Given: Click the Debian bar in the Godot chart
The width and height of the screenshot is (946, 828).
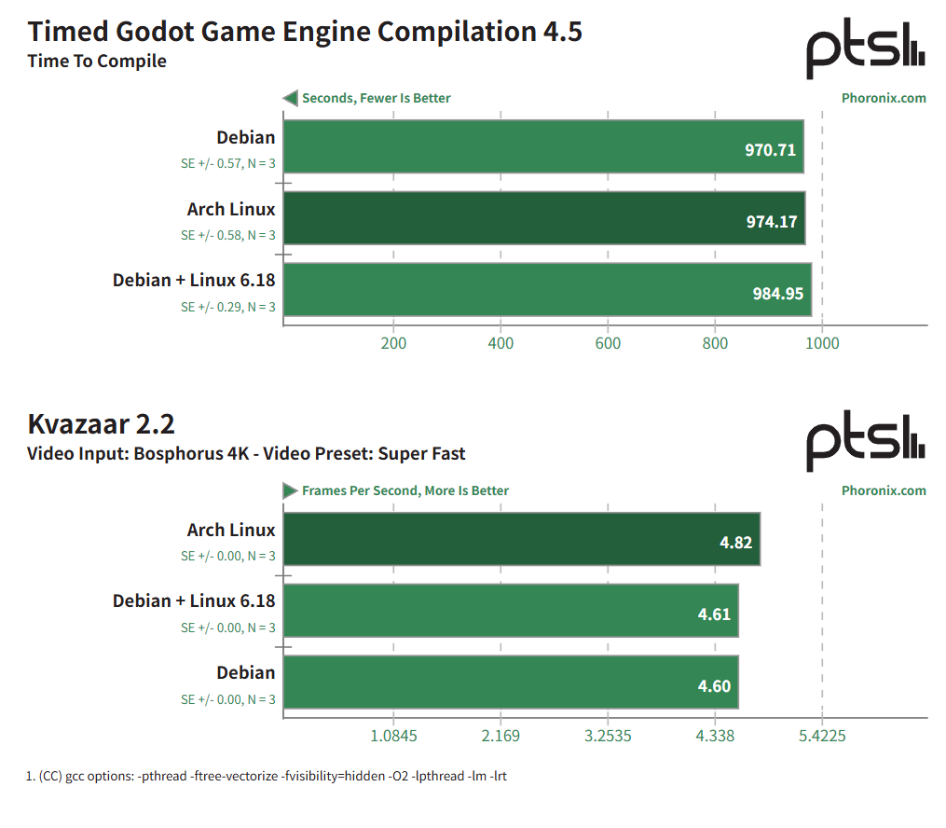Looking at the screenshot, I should (x=543, y=146).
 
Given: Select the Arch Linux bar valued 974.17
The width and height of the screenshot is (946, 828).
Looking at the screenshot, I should (x=543, y=218).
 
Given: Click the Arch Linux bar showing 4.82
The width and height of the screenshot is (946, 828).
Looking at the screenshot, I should (x=522, y=539).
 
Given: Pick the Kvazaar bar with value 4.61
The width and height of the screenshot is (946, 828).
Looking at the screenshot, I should (x=511, y=611).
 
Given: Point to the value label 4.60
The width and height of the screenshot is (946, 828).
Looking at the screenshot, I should (x=714, y=686).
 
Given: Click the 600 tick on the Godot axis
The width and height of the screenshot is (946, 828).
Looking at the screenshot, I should (x=608, y=343).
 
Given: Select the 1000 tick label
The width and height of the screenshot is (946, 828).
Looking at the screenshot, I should (x=822, y=343).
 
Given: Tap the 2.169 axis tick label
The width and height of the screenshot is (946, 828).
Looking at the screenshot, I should (x=500, y=736).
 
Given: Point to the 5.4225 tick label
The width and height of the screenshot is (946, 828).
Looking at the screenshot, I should (x=822, y=736).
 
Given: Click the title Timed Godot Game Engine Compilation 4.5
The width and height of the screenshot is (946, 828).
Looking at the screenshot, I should (x=305, y=32).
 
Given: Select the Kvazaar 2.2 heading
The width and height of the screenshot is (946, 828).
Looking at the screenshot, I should (x=101, y=424).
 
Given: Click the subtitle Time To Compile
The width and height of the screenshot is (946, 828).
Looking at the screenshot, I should (x=97, y=62).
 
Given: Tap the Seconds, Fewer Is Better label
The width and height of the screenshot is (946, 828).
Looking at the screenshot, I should (x=376, y=98).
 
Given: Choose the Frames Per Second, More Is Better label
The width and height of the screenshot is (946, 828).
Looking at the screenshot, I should (x=404, y=490).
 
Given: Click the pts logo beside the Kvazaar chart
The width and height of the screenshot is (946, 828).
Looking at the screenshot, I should (x=866, y=441).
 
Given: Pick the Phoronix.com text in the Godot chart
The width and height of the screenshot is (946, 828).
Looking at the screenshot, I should (x=884, y=98).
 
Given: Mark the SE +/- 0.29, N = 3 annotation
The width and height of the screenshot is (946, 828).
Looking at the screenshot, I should (x=228, y=307).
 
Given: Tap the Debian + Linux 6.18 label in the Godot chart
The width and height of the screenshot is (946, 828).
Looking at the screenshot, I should (x=194, y=281).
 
